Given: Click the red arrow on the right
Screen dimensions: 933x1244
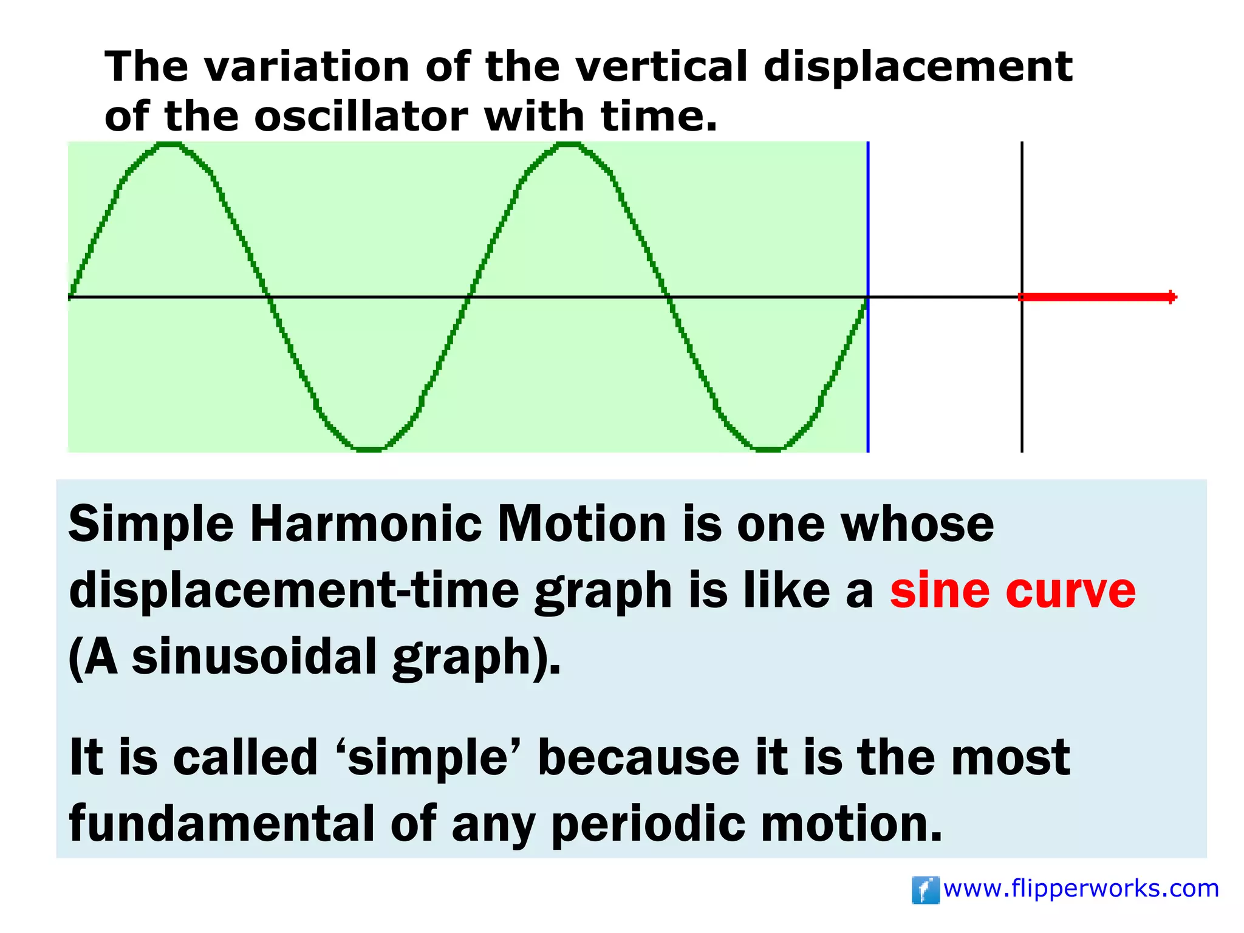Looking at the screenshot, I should point(1098,297).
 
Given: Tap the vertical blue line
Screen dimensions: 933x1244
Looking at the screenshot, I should point(868,243).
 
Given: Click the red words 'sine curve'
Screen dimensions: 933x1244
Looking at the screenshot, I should point(1013,590).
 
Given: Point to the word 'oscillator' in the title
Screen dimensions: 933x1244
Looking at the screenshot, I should point(361,116).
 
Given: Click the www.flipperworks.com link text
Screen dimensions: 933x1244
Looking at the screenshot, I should point(1081,889).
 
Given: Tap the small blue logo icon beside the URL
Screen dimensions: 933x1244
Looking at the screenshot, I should point(926,890).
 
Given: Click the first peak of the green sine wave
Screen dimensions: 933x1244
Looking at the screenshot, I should point(170,145).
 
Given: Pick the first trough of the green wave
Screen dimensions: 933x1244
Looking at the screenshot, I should point(369,449).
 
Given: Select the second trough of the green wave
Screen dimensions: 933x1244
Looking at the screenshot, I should point(768,449).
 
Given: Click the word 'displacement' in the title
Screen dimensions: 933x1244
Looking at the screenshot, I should point(917,66).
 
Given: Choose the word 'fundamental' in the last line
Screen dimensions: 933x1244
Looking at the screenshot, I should point(222,824).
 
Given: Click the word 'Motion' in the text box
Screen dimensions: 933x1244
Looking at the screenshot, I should point(581,524).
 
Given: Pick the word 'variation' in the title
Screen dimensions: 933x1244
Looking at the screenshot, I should point(306,66).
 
